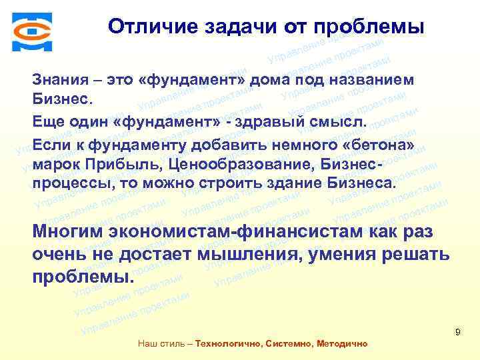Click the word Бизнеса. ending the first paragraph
coord(362,182)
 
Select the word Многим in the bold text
coord(70,232)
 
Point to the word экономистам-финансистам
coord(237,232)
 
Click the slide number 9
coord(458,332)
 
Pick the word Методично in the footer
coord(344,344)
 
